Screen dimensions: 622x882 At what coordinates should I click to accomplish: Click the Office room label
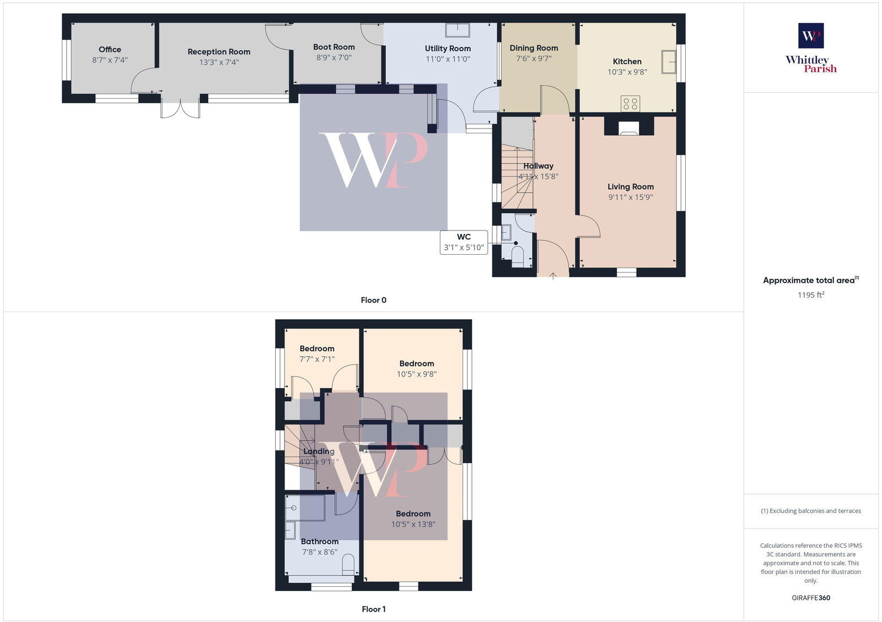coord(110,50)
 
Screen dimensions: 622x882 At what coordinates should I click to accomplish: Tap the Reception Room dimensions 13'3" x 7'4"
coord(219,62)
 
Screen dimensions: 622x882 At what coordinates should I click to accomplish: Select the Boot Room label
coord(334,47)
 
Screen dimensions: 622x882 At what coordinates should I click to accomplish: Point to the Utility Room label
coord(448,49)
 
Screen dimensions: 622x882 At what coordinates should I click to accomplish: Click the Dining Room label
coord(534,48)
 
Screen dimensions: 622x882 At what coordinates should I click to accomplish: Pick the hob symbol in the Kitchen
coord(630,103)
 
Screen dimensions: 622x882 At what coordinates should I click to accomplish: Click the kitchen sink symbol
coord(669,61)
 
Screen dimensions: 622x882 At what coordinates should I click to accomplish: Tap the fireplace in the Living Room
coord(628,128)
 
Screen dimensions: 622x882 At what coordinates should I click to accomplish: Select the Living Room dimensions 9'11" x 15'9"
coord(631,197)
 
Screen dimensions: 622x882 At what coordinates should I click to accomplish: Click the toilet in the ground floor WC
coord(518,256)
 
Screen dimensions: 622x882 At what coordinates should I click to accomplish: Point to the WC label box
coord(464,242)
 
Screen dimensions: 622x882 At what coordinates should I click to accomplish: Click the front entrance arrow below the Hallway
coord(553,276)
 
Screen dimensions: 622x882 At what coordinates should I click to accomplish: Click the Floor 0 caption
coord(373,300)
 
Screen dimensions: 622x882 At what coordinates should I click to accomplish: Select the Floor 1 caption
coord(373,609)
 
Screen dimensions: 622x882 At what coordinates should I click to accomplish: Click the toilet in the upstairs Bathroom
coord(348,565)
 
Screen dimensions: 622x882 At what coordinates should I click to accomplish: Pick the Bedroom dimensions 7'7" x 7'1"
coord(317,359)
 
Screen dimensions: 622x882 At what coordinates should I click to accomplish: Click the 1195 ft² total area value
coord(810,295)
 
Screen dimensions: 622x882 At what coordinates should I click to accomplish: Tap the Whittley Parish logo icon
coord(811,36)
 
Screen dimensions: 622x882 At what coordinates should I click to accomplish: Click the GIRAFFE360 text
coord(810,598)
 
